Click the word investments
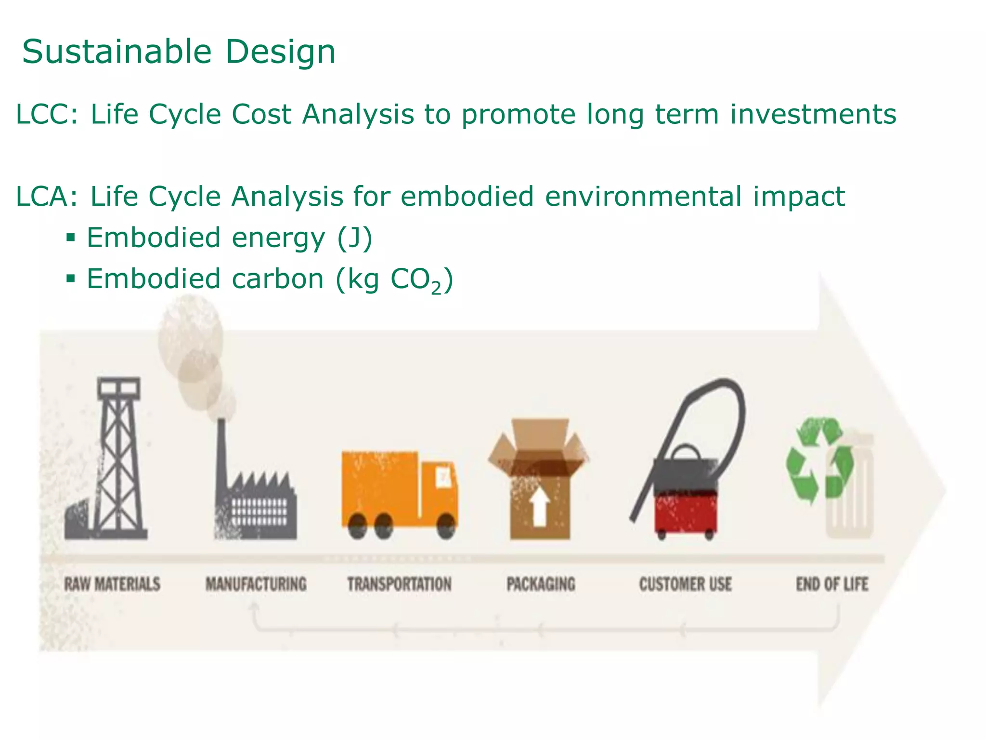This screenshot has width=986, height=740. click(x=813, y=115)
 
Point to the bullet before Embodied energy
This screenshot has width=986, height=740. click(x=71, y=238)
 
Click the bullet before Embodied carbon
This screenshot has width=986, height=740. click(x=71, y=278)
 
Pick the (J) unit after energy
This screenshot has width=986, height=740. click(x=354, y=238)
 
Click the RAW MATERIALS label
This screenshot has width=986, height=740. click(x=112, y=584)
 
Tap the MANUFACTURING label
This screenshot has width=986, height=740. click(x=256, y=584)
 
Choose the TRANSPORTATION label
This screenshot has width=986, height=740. click(x=399, y=584)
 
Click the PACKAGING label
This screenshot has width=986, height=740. click(x=541, y=584)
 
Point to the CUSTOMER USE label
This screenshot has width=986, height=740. click(x=685, y=584)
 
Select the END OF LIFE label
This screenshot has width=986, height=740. click(x=832, y=584)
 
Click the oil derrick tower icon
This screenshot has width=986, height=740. click(x=118, y=458)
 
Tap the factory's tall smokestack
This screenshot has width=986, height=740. click(x=221, y=458)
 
